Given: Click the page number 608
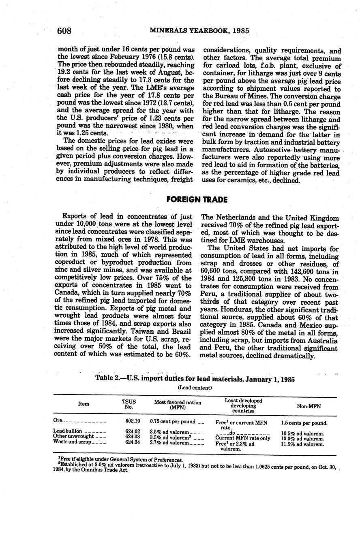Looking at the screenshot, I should coord(64,31).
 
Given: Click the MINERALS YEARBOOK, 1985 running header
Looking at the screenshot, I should coord(199,31).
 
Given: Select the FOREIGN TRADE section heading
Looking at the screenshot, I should coord(197,200).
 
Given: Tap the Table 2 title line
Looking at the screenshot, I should coord(195,379).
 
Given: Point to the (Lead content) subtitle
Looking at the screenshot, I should coord(195,388).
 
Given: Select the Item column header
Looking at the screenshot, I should coord(84,404).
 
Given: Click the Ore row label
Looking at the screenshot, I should coord(58,420).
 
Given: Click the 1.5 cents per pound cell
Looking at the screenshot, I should coord(304,423).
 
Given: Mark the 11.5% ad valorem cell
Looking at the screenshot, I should coord(302,444).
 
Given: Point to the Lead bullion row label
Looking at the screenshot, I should coord(68,431).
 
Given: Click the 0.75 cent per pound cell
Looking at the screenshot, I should coord(173,421).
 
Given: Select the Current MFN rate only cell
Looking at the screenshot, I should coord(242,438).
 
